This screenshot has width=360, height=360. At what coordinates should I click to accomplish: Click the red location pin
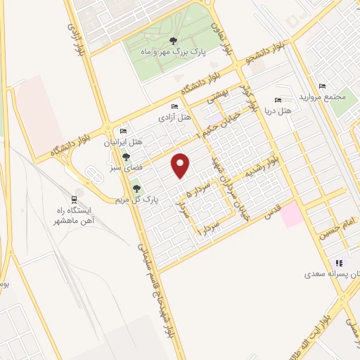pyautogui.click(x=181, y=166)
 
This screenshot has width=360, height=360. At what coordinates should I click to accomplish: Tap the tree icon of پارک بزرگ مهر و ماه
pyautogui.click(x=174, y=40)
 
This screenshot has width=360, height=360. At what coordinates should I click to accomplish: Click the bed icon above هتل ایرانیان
pyautogui.click(x=124, y=131)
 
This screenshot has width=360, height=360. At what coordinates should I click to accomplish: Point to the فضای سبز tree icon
pyautogui.click(x=126, y=157)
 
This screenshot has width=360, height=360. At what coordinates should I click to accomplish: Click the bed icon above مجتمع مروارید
pyautogui.click(x=322, y=86)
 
